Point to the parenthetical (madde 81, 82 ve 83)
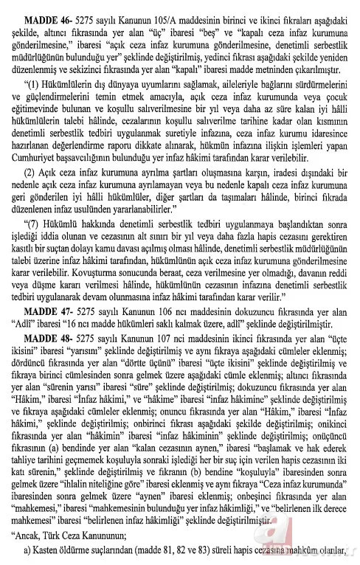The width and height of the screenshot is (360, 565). point(185,555)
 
